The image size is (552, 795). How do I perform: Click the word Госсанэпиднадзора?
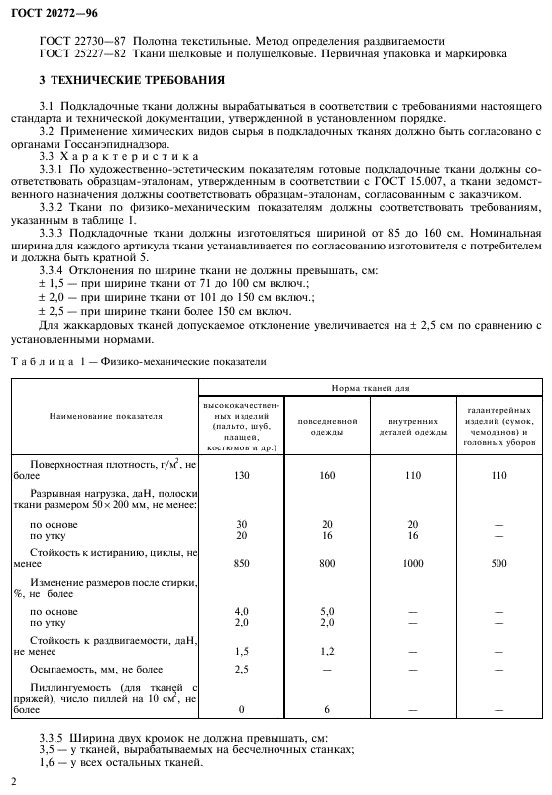coord(96,145)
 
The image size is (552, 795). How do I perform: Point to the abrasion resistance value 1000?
coord(412,562)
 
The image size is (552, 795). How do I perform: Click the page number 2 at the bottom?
coord(13,781)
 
